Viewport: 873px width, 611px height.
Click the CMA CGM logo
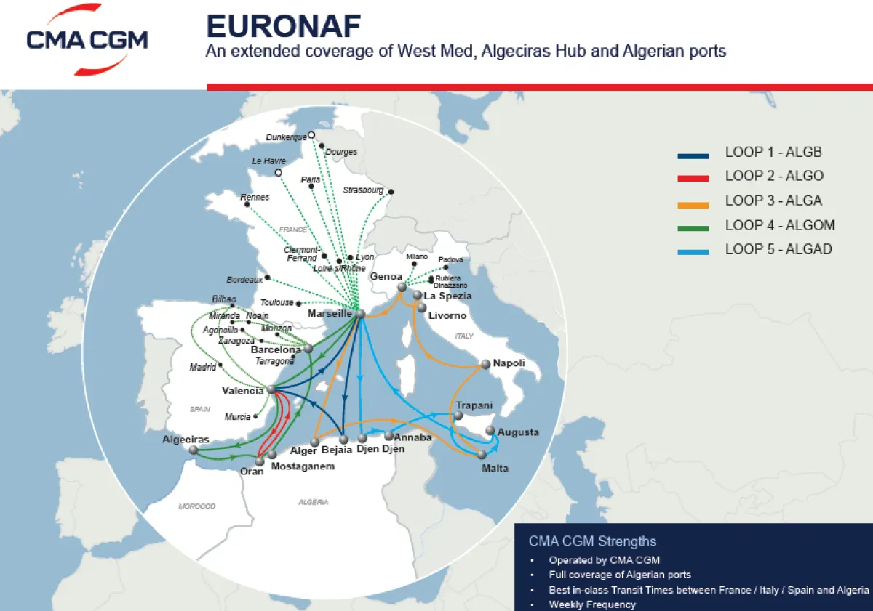pyautogui.click(x=87, y=40)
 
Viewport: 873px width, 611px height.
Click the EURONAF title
pyautogui.click(x=283, y=27)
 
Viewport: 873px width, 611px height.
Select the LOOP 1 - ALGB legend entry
pyautogui.click(x=773, y=153)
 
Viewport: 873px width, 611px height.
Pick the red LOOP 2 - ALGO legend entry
pyautogui.click(x=774, y=177)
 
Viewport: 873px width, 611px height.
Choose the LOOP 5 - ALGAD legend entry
pyautogui.click(x=778, y=249)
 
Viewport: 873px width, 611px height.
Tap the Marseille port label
pyautogui.click(x=330, y=314)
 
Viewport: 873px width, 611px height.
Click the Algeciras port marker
pyautogui.click(x=194, y=450)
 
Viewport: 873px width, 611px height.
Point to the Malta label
pyautogui.click(x=495, y=468)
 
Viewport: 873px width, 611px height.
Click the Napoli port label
pyautogui.click(x=509, y=363)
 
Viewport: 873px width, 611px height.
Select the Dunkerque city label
pyautogui.click(x=286, y=137)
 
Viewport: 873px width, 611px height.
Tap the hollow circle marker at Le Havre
pyautogui.click(x=278, y=173)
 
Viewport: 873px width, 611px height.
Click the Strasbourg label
pyautogui.click(x=362, y=190)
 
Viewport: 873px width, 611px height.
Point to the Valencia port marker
pyautogui.click(x=271, y=389)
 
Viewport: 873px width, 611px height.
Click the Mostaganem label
pyautogui.click(x=303, y=466)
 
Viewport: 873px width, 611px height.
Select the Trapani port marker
pyautogui.click(x=458, y=416)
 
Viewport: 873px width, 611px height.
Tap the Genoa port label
pyautogui.click(x=386, y=277)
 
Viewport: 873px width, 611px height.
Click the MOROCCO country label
pyautogui.click(x=197, y=506)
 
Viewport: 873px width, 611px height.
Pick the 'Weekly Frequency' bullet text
pyautogui.click(x=592, y=604)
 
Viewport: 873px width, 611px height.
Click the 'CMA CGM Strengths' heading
pyautogui.click(x=592, y=541)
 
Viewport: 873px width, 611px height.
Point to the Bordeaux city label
pyautogui.click(x=244, y=280)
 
